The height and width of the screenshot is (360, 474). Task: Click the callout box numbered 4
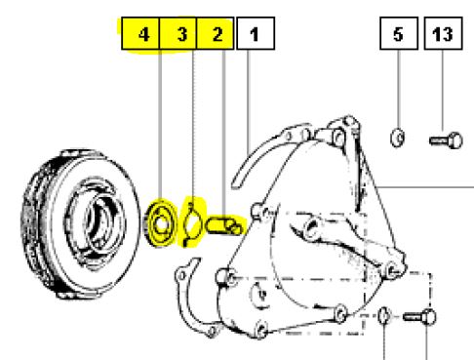click(x=140, y=33)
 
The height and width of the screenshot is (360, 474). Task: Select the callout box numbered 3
click(x=178, y=33)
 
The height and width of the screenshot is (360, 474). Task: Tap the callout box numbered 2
click(x=216, y=33)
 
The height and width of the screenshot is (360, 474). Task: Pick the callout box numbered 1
click(x=256, y=33)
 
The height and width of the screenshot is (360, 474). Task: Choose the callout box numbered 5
click(x=399, y=33)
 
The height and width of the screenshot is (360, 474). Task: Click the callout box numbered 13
click(x=444, y=33)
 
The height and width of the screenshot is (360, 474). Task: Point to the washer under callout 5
click(x=397, y=138)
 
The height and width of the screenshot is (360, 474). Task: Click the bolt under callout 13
click(x=446, y=140)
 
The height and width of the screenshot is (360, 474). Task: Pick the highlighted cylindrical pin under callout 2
click(x=224, y=225)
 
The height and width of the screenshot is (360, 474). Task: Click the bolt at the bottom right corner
click(x=419, y=317)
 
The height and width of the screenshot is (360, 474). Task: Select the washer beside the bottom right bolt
click(x=384, y=316)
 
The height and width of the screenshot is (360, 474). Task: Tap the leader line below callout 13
click(x=443, y=91)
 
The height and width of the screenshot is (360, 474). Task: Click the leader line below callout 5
click(x=399, y=90)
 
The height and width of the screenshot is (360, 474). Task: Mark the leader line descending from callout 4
click(x=160, y=126)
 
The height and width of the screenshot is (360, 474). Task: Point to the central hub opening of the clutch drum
click(x=99, y=226)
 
